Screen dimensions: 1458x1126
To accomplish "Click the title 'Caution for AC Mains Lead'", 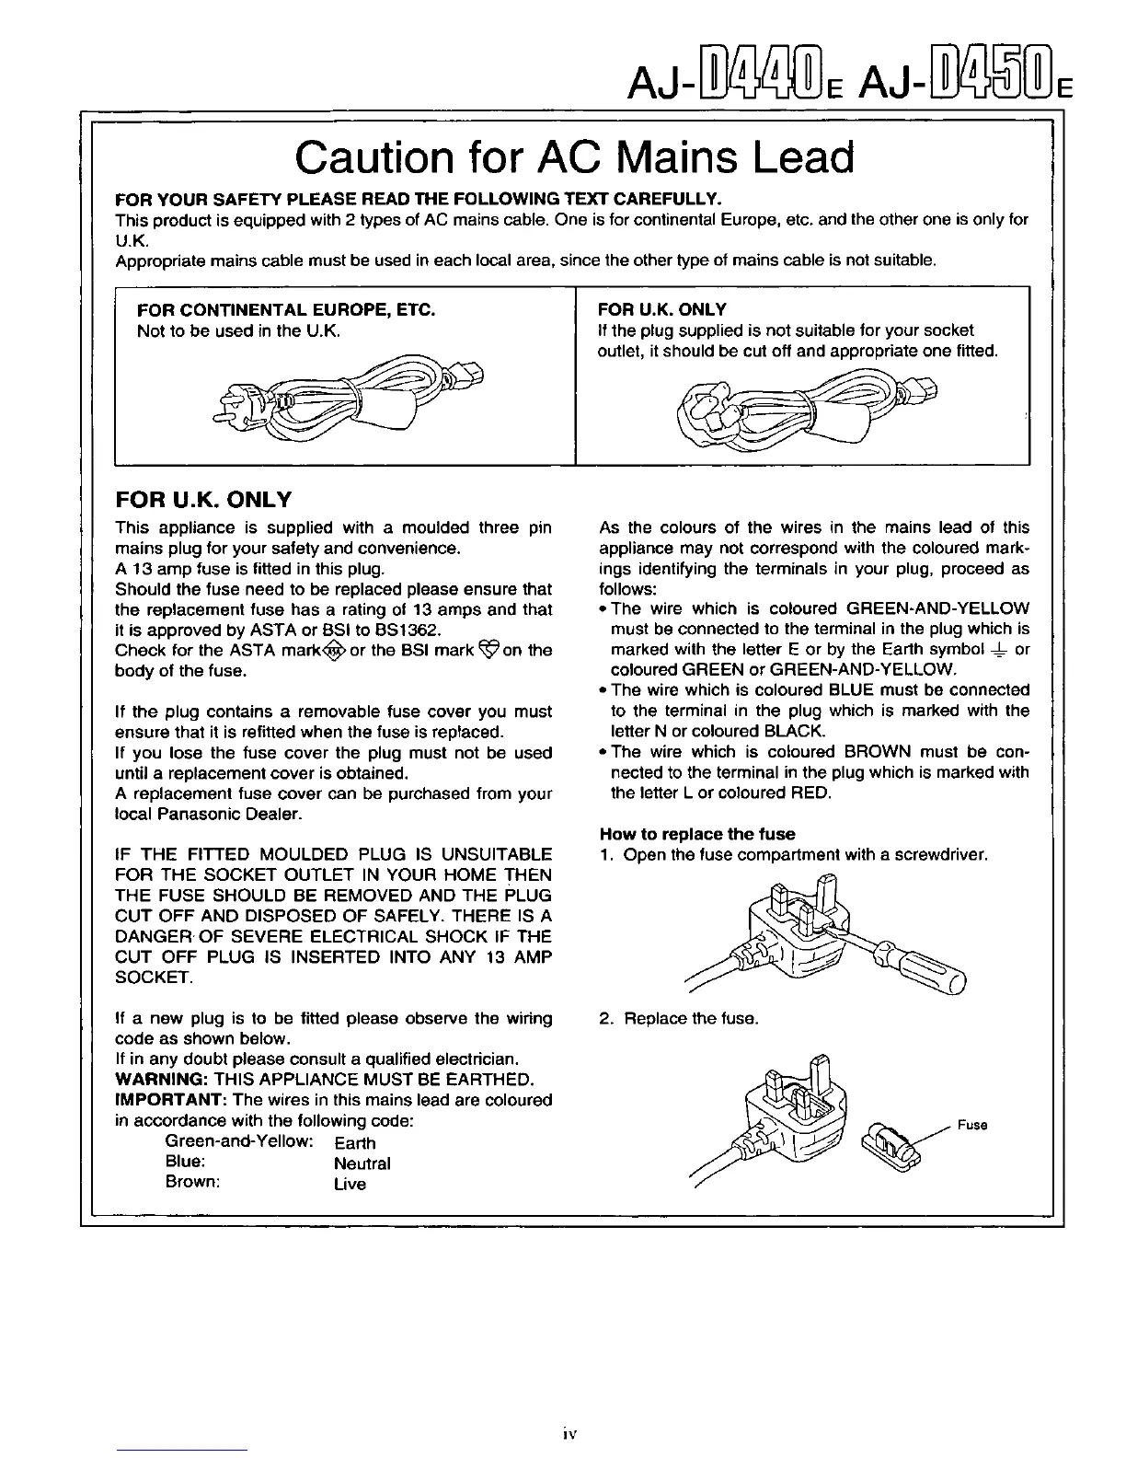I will [x=574, y=158].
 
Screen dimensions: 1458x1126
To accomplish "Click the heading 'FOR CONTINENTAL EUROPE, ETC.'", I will [x=285, y=310].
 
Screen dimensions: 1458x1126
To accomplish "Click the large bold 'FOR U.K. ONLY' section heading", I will [x=202, y=500].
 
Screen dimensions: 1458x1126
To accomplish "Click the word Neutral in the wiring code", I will [x=362, y=1163].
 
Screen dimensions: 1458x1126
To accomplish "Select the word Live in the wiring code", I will [x=350, y=1185].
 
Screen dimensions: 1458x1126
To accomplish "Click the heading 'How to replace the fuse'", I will [x=696, y=834].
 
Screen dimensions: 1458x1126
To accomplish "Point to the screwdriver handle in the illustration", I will [x=930, y=966].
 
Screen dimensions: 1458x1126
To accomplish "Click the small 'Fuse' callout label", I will [x=971, y=1126].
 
